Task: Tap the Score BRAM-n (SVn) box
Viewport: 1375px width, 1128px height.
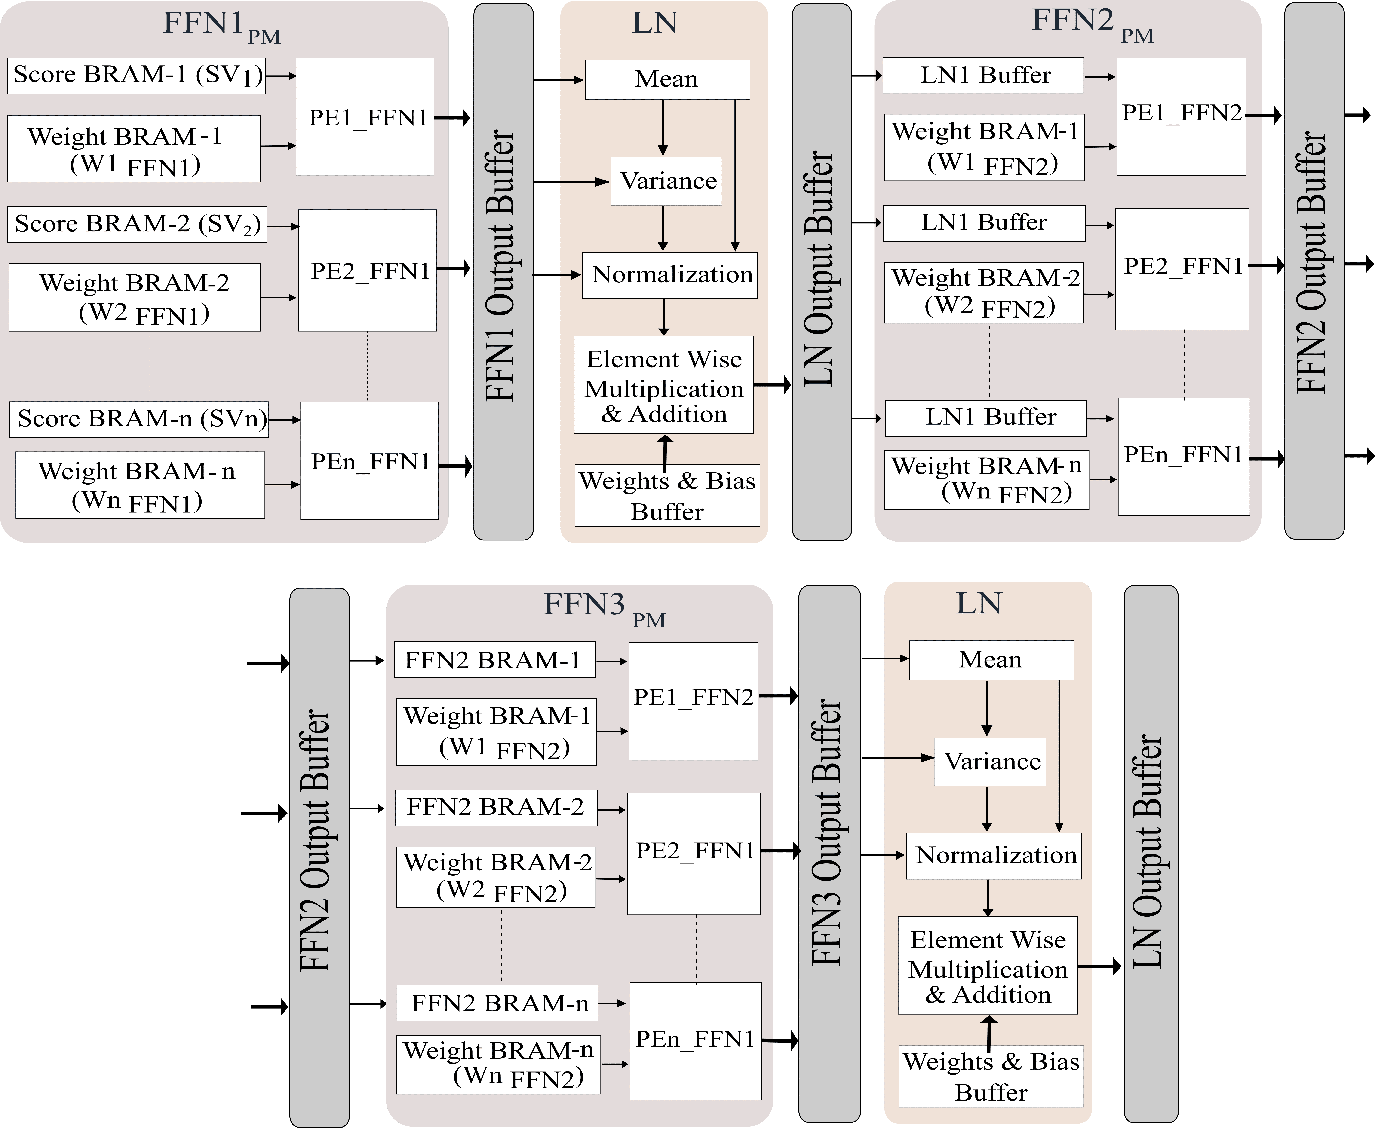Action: click(x=139, y=419)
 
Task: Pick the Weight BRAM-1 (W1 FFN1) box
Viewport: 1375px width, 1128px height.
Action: click(x=134, y=149)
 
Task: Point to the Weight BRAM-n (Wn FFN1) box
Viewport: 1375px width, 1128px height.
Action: click(x=140, y=485)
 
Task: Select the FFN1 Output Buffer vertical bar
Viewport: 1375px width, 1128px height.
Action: click(x=504, y=272)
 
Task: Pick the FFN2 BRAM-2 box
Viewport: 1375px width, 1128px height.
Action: click(x=496, y=808)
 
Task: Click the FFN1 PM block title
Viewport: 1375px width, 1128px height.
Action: click(x=221, y=25)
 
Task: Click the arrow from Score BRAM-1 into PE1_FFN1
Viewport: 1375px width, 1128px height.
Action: click(x=281, y=76)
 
